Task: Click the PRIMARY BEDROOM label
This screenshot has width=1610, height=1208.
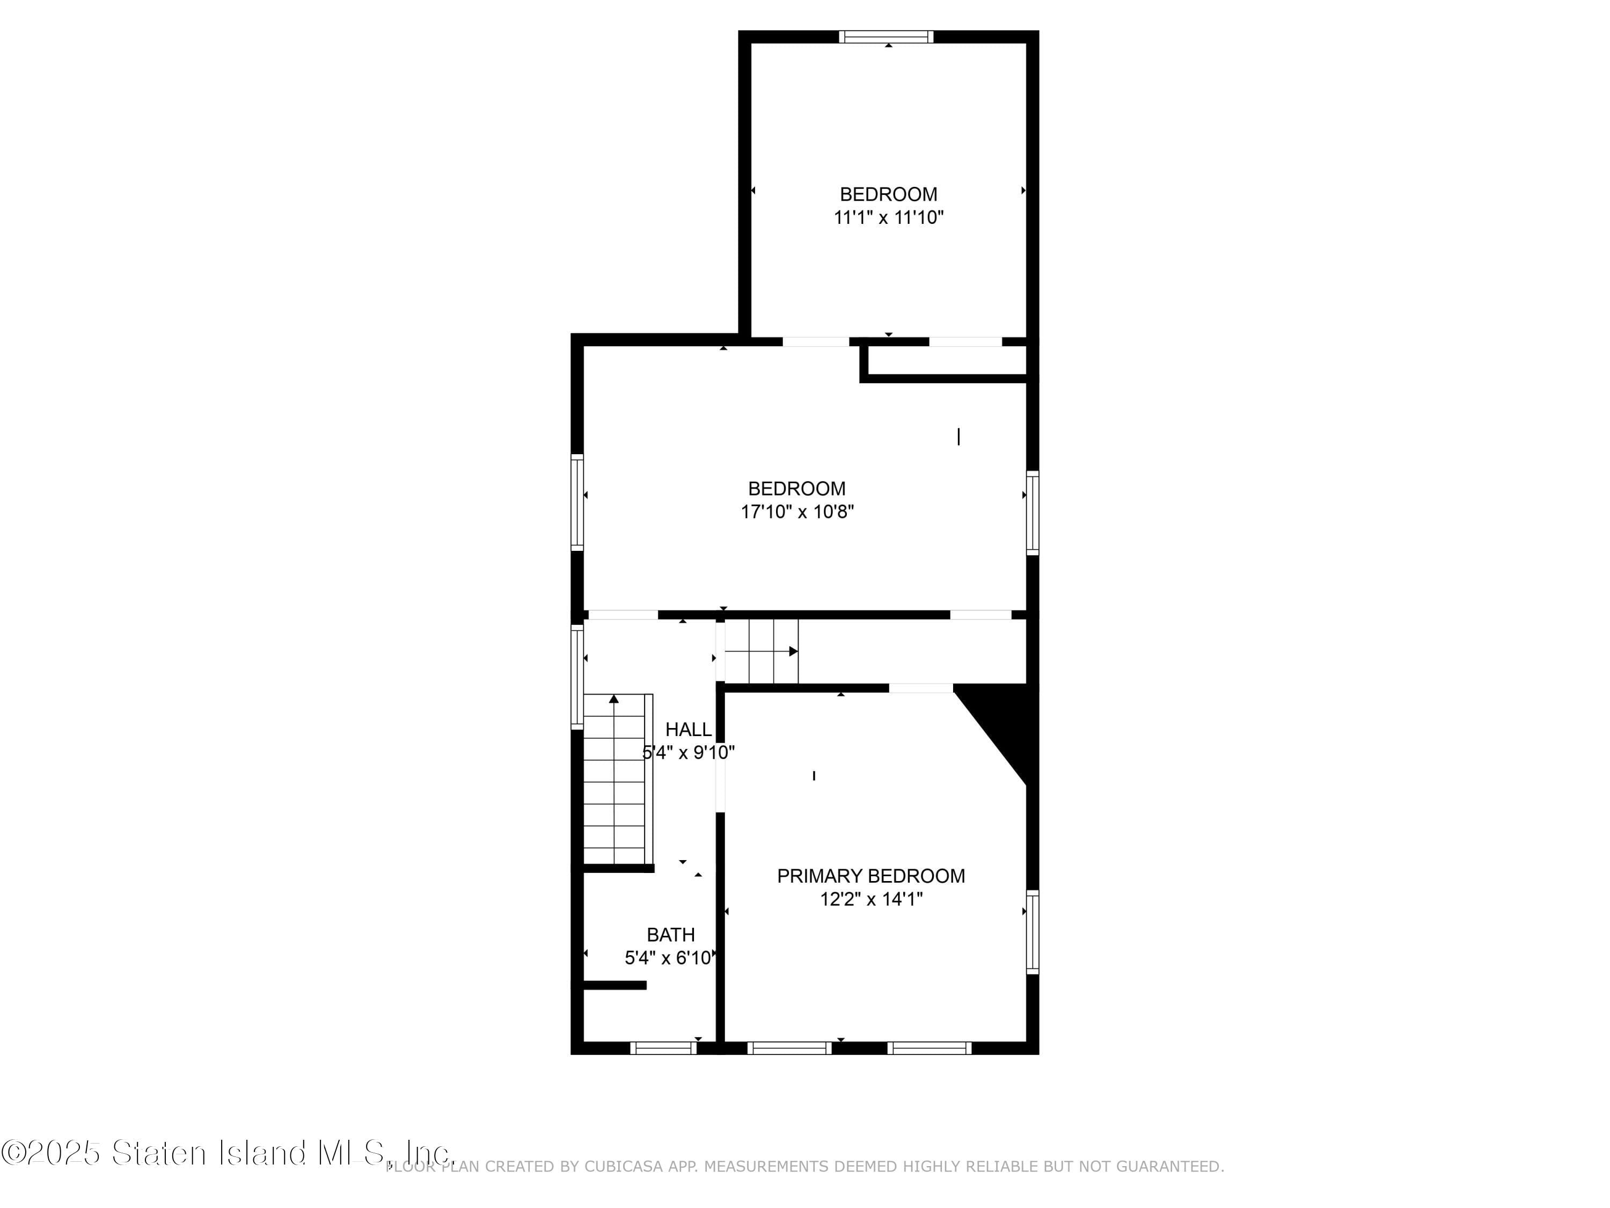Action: (x=870, y=876)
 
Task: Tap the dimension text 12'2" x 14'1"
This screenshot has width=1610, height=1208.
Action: (x=870, y=899)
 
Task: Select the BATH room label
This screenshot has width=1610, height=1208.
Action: (x=670, y=934)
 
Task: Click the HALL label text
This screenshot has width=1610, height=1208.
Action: (x=688, y=729)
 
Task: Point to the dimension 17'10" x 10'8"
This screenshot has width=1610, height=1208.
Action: (x=797, y=512)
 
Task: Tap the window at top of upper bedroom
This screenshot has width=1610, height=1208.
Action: (x=886, y=37)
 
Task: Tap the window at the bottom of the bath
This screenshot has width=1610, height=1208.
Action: (x=663, y=1048)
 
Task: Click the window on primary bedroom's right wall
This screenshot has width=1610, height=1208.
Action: (x=1032, y=932)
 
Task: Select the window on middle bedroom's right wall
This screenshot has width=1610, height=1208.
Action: (x=1032, y=513)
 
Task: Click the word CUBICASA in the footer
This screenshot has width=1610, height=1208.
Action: (x=624, y=1167)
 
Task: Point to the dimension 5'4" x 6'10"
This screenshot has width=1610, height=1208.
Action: (x=668, y=957)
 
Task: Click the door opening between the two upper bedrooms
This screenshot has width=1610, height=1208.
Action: (x=815, y=341)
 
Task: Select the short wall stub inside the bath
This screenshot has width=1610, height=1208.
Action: (x=615, y=985)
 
